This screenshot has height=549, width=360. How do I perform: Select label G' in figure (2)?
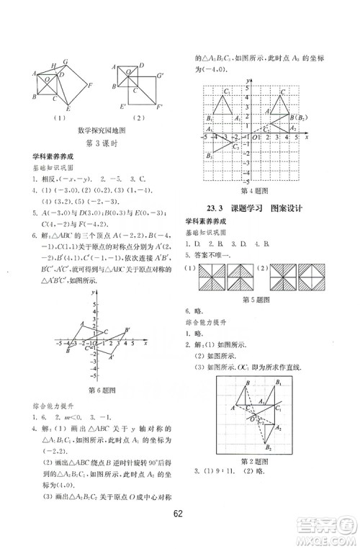[160, 75]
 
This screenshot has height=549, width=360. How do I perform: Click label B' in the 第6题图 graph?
[127, 330]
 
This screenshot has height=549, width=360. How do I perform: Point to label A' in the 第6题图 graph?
[112, 356]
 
